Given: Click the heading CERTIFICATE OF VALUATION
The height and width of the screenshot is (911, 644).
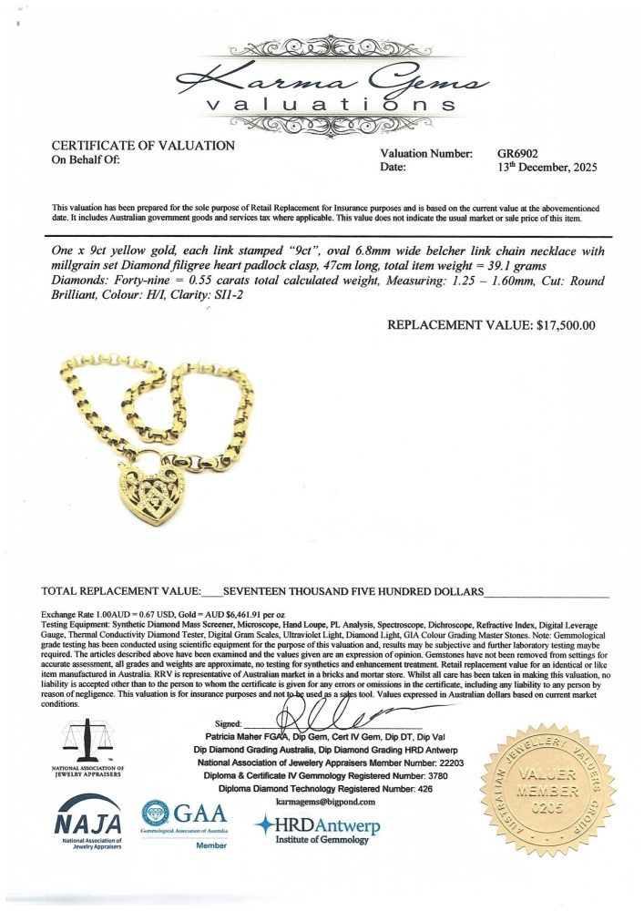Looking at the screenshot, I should (x=143, y=146).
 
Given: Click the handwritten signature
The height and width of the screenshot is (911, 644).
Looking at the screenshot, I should (x=328, y=707).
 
